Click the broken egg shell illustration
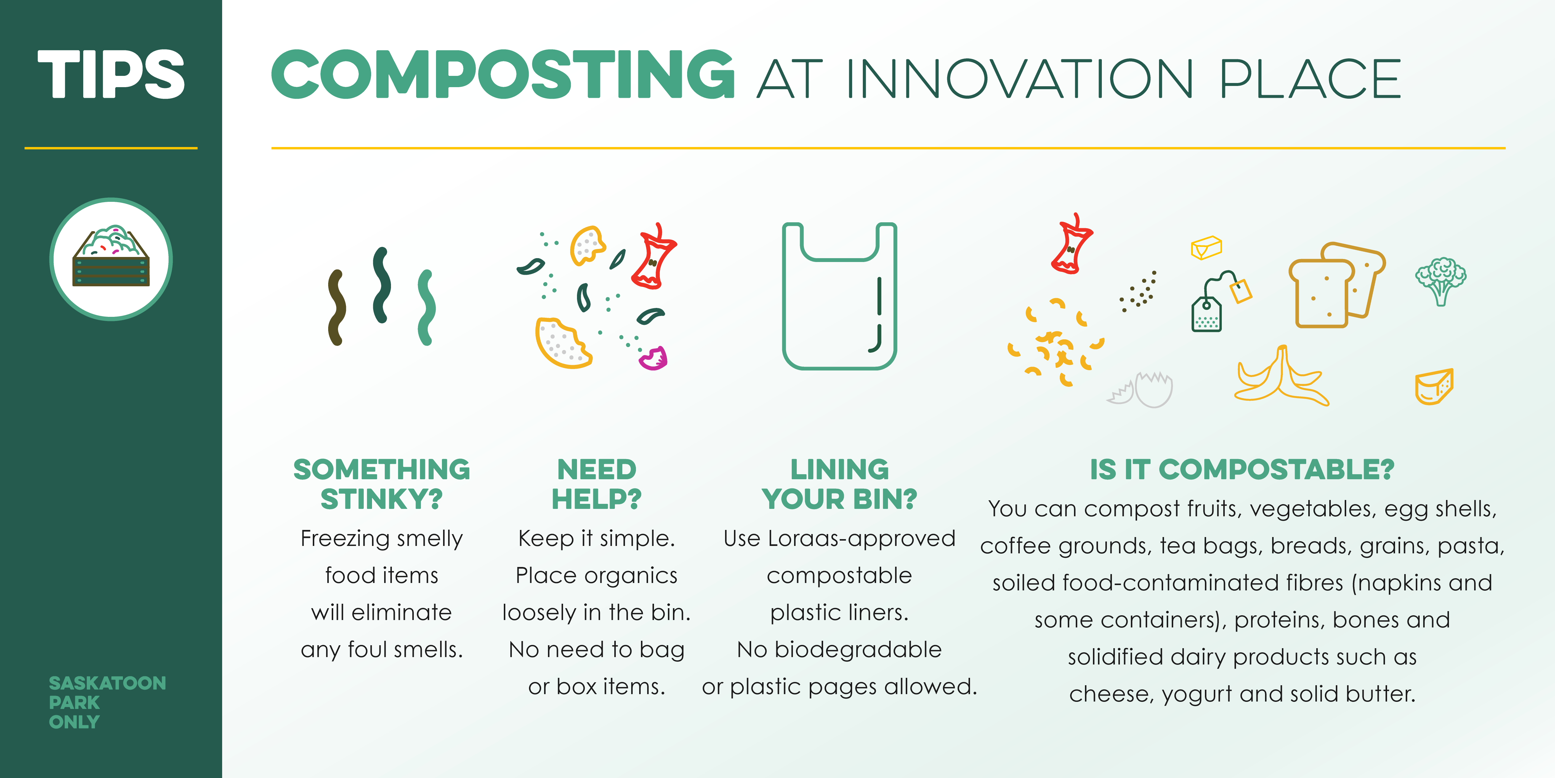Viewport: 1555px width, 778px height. pos(1140,390)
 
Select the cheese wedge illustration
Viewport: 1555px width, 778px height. pos(1434,386)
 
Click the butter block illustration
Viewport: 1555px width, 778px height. pos(1206,248)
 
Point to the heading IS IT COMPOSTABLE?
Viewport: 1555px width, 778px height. pos(1242,469)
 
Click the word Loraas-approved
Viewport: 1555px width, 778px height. pos(861,538)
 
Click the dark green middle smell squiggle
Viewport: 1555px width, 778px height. pos(381,285)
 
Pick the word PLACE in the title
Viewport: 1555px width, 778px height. pos(1310,79)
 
